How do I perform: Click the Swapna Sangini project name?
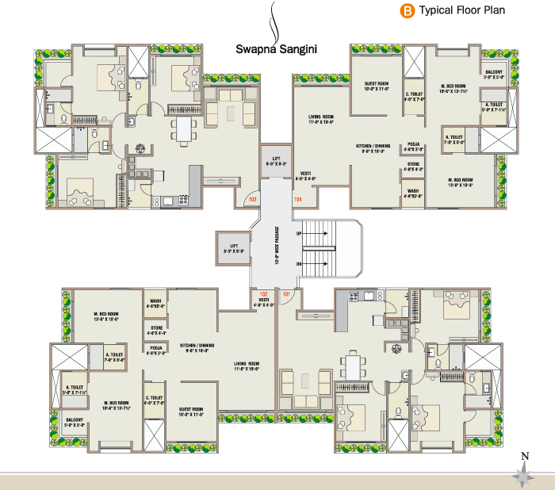pyautogui.click(x=277, y=48)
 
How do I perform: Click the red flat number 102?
pyautogui.click(x=264, y=293)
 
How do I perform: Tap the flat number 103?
pyautogui.click(x=253, y=200)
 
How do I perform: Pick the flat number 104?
pyautogui.click(x=297, y=199)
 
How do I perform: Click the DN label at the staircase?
pyautogui.click(x=298, y=263)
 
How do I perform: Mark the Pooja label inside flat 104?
pyautogui.click(x=414, y=146)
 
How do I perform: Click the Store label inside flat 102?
pyautogui.click(x=155, y=330)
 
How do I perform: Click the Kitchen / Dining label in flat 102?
pyautogui.click(x=198, y=348)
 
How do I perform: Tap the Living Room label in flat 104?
pyautogui.click(x=320, y=120)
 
